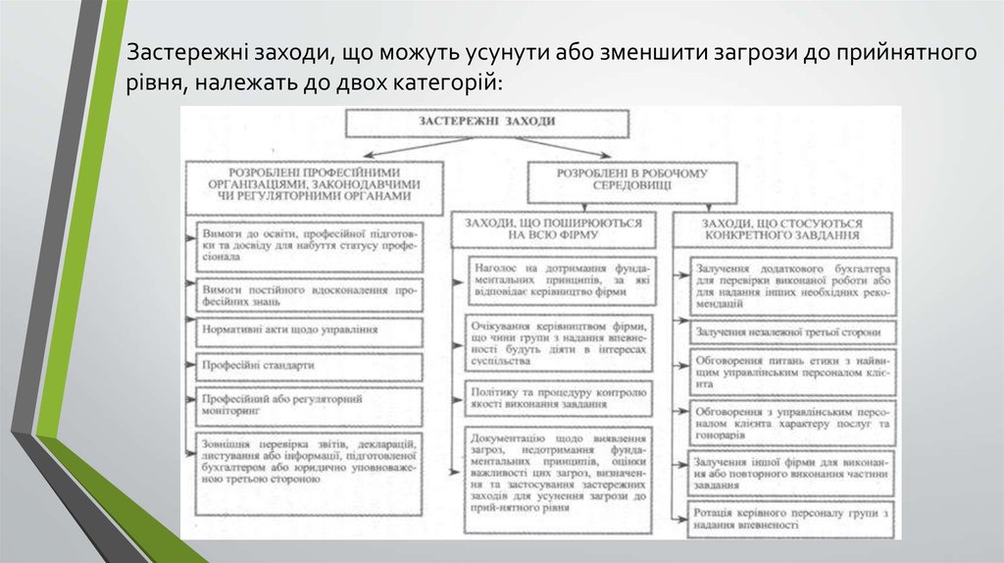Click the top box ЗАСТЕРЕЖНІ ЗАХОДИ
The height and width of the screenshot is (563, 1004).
click(485, 123)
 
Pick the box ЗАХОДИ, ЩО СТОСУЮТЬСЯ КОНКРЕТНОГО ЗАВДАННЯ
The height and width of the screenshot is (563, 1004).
click(782, 230)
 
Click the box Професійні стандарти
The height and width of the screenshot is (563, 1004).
click(310, 364)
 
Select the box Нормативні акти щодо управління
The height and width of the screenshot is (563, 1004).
click(310, 331)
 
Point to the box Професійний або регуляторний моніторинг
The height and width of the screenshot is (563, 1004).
click(310, 405)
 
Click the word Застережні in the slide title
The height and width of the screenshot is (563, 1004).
click(182, 53)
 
